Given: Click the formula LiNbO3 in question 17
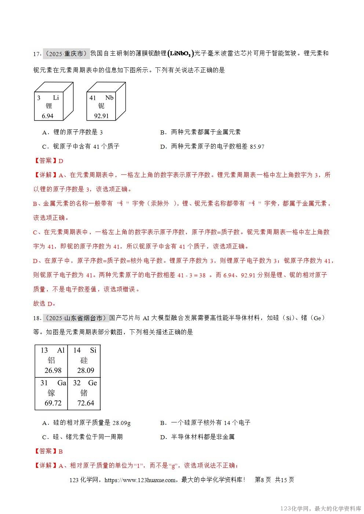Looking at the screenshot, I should pyautogui.click(x=180, y=54).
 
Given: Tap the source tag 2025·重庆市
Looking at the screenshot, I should pyautogui.click(x=66, y=53).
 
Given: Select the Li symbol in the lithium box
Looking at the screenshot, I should pyautogui.click(x=56, y=97).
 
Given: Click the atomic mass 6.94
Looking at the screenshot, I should pyautogui.click(x=47, y=116).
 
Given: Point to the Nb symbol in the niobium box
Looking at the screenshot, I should pyautogui.click(x=109, y=97).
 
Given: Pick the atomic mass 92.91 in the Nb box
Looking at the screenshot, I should pyautogui.click(x=101, y=116).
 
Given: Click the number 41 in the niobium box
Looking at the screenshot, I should pyautogui.click(x=93, y=98).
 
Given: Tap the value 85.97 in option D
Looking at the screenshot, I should pyautogui.click(x=257, y=147).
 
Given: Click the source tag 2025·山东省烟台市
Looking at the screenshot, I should pyautogui.click(x=76, y=318).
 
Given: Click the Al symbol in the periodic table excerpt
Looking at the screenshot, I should pyautogui.click(x=61, y=350).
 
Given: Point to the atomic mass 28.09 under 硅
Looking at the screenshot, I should pyautogui.click(x=85, y=370).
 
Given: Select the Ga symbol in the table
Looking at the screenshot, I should pyautogui.click(x=62, y=383).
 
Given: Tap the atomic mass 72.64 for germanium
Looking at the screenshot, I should pyautogui.click(x=85, y=403).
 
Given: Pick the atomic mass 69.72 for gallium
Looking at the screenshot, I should pyautogui.click(x=53, y=403).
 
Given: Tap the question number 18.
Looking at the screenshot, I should pyautogui.click(x=37, y=318).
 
